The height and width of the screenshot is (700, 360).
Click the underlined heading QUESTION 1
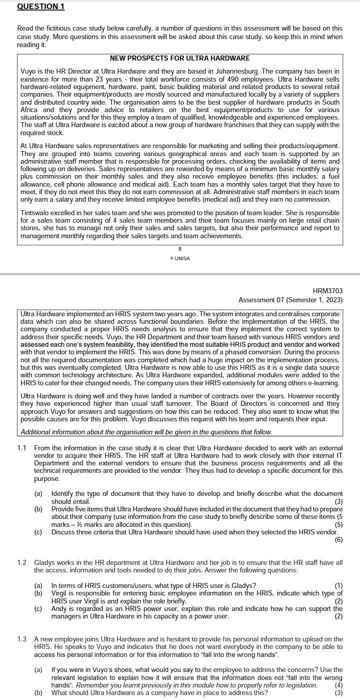tap(40, 7)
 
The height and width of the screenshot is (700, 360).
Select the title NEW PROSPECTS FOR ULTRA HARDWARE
tap(179, 59)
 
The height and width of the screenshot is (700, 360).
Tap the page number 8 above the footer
tap(180, 249)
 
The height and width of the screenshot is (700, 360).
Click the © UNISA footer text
tap(180, 258)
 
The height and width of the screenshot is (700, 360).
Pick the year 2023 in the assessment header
tap(333, 300)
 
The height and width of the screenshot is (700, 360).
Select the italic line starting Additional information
tap(146, 432)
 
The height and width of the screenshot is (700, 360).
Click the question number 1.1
tap(21, 448)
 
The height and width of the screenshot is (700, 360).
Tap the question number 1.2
tap(21, 562)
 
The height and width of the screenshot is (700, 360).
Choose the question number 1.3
tap(21, 639)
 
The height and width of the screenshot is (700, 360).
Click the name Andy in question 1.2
tap(59, 609)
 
